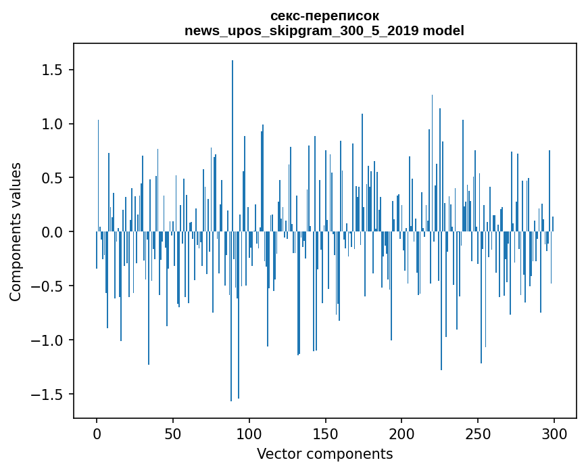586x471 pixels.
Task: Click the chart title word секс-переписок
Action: pyautogui.click(x=324, y=16)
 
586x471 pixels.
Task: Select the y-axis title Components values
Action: pyautogui.click(x=16, y=231)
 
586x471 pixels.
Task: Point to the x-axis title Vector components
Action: pyautogui.click(x=324, y=453)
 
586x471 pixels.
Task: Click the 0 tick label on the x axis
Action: pyautogui.click(x=97, y=433)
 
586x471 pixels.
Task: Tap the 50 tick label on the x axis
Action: pyautogui.click(x=173, y=433)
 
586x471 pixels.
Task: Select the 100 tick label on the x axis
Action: pyautogui.click(x=249, y=433)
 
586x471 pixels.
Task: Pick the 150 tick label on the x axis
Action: pyautogui.click(x=326, y=433)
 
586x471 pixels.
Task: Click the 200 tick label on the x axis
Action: pyautogui.click(x=401, y=433)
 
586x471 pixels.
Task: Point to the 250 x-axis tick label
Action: pyautogui.click(x=478, y=433)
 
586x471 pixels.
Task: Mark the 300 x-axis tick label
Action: pyautogui.click(x=554, y=433)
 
